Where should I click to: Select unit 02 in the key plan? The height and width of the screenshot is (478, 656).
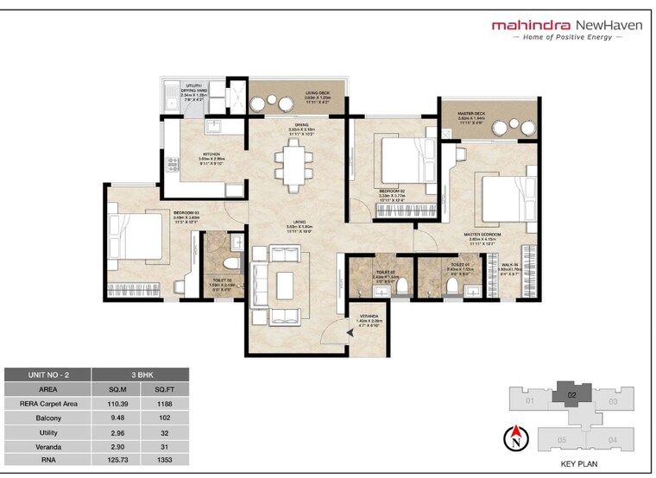571,395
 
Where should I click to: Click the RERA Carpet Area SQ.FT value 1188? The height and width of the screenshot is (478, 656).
164,403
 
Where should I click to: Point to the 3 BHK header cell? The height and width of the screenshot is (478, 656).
140,375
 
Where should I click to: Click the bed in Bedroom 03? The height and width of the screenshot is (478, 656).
138,237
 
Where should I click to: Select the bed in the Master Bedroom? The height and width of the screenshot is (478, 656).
508,199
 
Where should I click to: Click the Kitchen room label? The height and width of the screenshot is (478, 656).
187,156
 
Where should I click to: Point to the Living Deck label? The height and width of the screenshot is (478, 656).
319,94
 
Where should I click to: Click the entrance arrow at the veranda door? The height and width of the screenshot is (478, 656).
349,330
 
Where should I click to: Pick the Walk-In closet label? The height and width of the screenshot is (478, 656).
511,267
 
